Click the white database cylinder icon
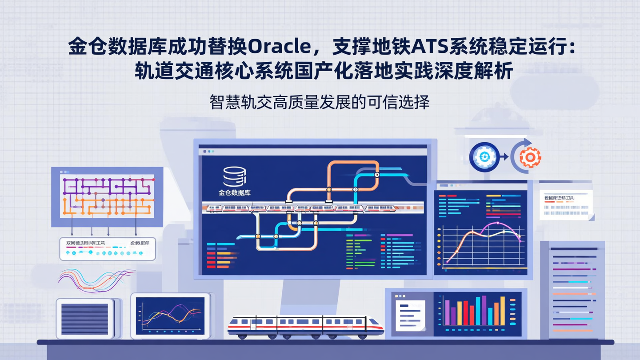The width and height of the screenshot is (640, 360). point(234,176)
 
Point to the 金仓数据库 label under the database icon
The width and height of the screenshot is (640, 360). point(234,193)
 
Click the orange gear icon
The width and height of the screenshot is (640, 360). point(530,157)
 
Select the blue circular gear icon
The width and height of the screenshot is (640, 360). point(484,156)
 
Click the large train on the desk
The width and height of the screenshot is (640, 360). point(305,327)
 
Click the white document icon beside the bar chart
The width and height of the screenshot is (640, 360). point(410,315)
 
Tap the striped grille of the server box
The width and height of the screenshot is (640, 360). point(84,319)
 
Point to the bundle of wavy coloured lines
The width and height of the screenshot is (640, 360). point(96,280)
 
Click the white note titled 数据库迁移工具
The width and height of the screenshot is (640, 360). point(566,204)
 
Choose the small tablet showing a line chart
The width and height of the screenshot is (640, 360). point(170,315)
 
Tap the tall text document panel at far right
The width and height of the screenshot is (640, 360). point(572,289)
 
